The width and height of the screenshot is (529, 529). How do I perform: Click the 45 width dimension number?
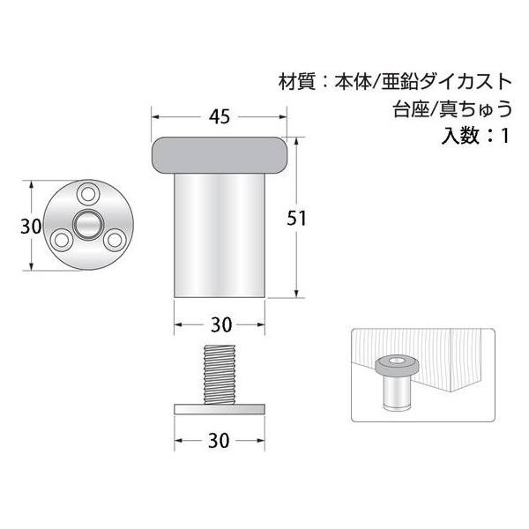pyautogui.click(x=220, y=116)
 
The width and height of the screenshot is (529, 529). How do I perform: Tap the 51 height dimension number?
pyautogui.click(x=296, y=219)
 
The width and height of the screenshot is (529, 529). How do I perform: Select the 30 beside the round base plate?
pyautogui.click(x=31, y=226)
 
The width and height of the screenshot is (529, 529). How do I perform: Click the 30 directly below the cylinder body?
pyautogui.click(x=221, y=324)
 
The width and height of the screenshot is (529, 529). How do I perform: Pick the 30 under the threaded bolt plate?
pyautogui.click(x=219, y=441)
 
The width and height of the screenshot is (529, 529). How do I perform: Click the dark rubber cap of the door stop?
pyautogui.click(x=220, y=155)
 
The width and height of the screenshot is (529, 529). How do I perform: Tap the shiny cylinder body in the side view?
pyautogui.click(x=220, y=235)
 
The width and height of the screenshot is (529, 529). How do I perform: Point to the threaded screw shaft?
pyautogui.click(x=220, y=374)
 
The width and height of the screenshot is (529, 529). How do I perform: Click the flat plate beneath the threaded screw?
pyautogui.click(x=220, y=409)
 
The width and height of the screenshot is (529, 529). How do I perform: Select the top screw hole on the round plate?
pyautogui.click(x=88, y=194)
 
